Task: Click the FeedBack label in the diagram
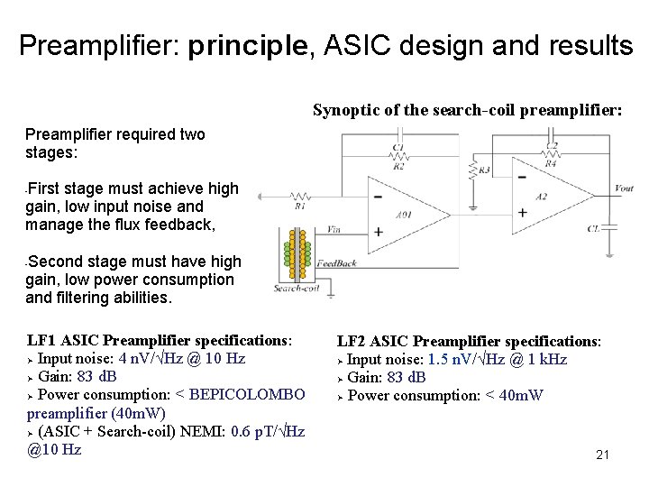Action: coord(336,263)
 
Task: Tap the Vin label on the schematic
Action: coord(333,229)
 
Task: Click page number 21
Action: coord(602,455)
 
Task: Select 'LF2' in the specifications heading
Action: coord(353,341)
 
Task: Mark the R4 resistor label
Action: coord(551,163)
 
